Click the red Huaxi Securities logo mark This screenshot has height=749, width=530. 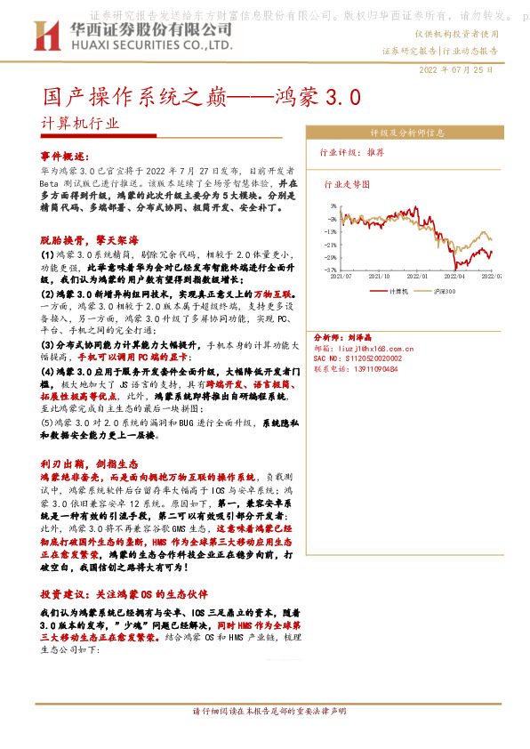[44, 36]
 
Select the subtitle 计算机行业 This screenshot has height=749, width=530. [79, 123]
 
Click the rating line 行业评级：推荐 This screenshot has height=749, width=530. [353, 152]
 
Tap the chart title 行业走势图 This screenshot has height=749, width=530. [346, 186]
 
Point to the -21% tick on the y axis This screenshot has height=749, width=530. [331, 245]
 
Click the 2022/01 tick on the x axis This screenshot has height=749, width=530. [418, 277]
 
